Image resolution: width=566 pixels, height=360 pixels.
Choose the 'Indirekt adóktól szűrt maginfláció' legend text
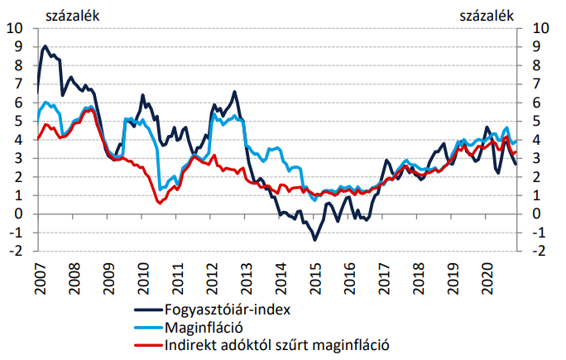click(276, 344)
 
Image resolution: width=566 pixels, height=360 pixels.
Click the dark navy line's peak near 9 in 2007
click(45, 46)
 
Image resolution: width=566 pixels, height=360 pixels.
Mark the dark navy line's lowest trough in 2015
click(315, 240)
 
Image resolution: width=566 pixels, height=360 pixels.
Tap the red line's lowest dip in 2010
click(159, 203)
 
